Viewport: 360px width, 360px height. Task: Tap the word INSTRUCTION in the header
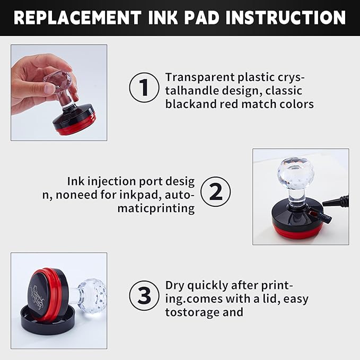click(285, 17)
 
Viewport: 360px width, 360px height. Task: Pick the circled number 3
click(144, 295)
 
